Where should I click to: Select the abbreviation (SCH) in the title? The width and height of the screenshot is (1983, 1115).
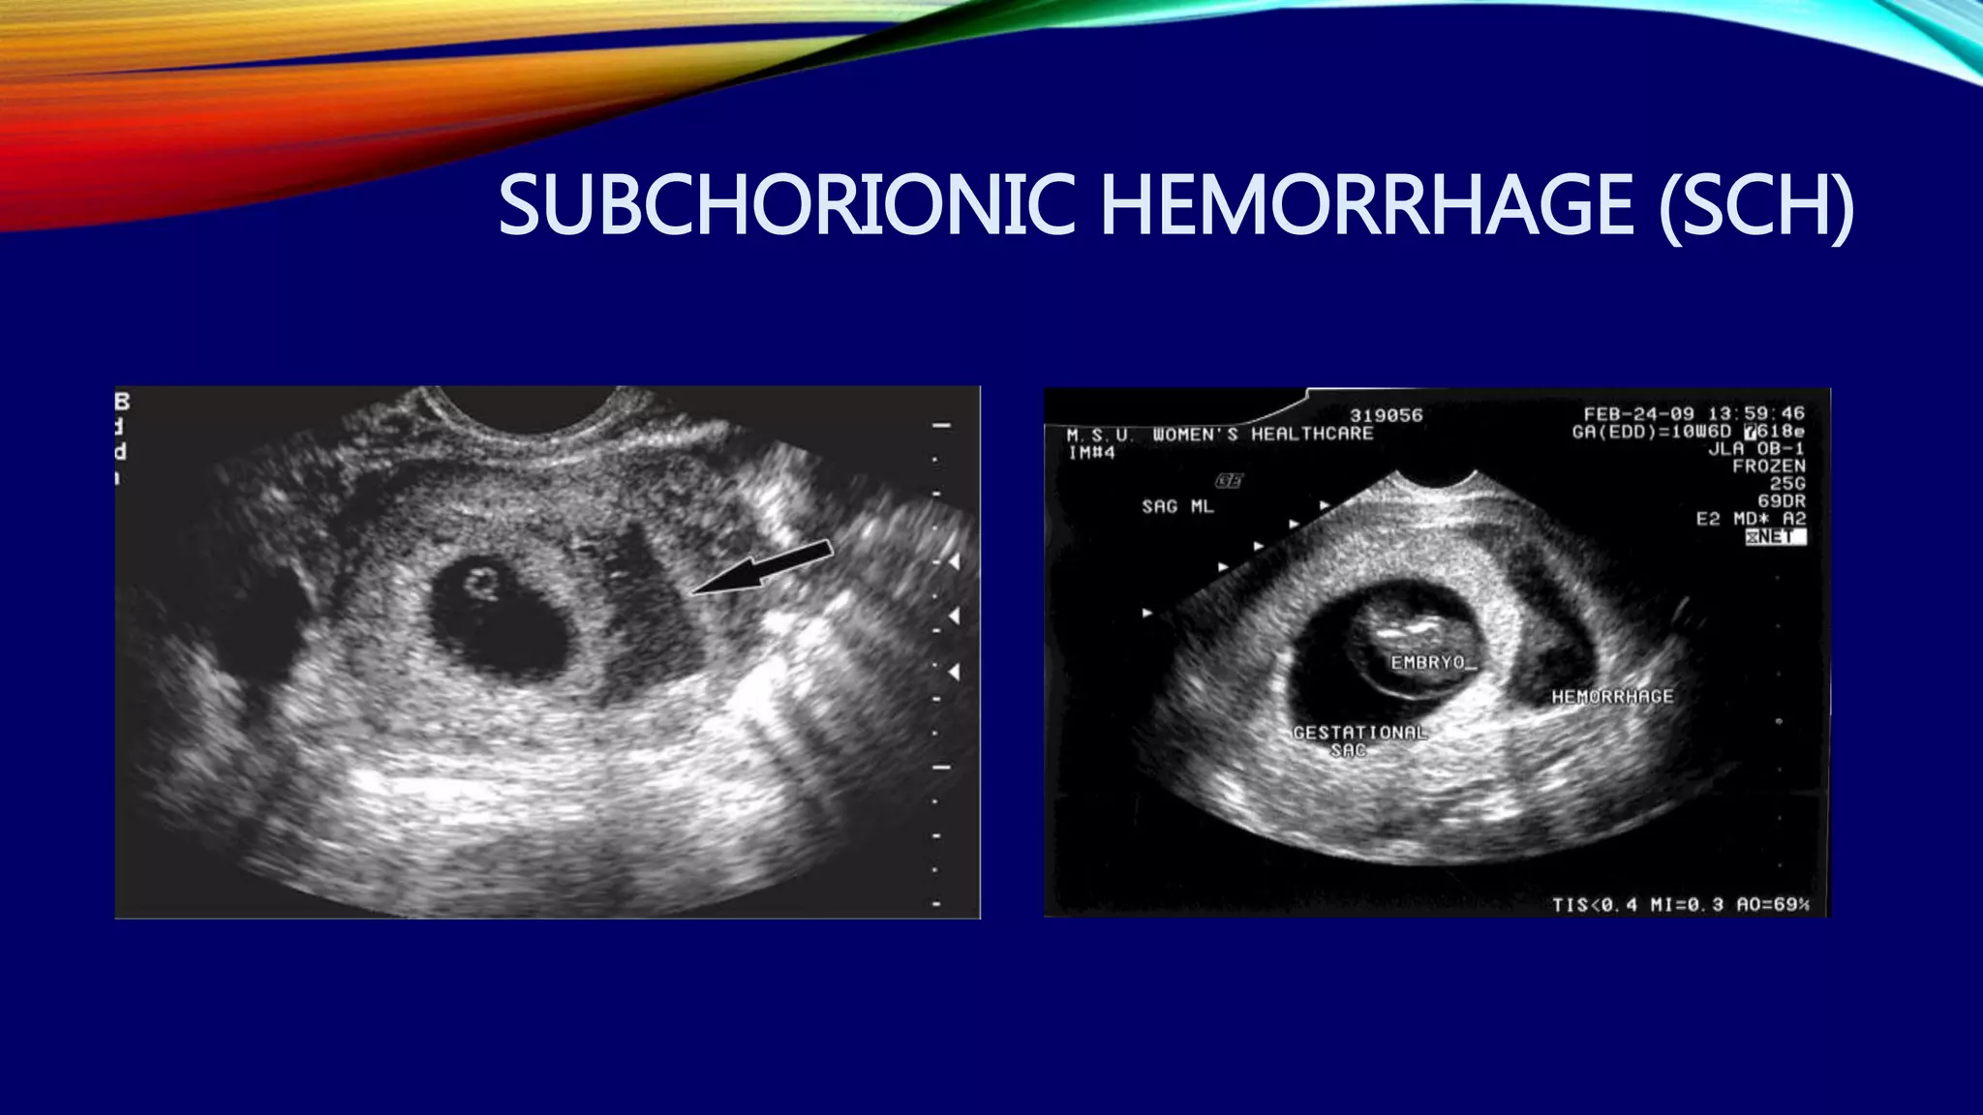[x=1757, y=205]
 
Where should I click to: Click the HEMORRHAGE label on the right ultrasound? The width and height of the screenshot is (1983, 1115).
[x=1612, y=696]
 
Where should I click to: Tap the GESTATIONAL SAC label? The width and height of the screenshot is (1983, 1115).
[x=1359, y=740]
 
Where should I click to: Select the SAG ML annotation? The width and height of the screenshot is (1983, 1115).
[x=1177, y=506]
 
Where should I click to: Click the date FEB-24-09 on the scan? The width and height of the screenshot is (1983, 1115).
[x=1639, y=413]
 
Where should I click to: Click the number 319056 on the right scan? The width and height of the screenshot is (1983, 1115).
[x=1387, y=415]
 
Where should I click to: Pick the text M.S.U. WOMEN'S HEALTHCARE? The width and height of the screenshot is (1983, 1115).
[x=1220, y=435]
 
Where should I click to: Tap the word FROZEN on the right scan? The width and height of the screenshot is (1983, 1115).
[x=1769, y=466]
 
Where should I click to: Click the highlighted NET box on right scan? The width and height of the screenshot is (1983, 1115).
[x=1776, y=536]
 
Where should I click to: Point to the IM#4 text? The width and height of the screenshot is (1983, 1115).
[x=1091, y=452]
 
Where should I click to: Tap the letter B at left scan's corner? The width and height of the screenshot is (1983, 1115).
[x=123, y=401]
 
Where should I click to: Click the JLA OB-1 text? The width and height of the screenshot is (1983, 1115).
[x=1756, y=449]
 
